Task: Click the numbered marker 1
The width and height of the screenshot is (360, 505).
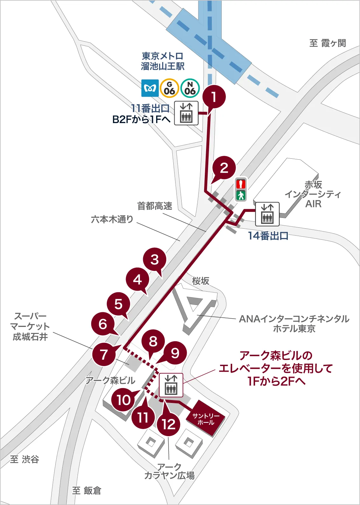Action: (214, 96)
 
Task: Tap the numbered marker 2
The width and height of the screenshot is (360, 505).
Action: (224, 168)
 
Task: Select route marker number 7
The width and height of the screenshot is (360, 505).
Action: (104, 354)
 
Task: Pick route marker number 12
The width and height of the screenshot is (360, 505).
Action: (169, 424)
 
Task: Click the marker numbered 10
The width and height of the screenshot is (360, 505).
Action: (123, 400)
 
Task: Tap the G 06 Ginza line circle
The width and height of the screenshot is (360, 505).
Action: (169, 88)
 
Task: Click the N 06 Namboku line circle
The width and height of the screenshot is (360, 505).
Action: (190, 88)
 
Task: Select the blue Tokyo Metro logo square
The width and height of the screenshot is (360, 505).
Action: (150, 88)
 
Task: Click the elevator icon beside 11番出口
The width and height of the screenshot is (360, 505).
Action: (186, 113)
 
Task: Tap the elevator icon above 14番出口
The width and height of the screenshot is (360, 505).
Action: (267, 214)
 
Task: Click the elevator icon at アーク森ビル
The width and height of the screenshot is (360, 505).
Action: (171, 385)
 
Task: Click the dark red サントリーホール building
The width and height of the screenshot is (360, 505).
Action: (205, 419)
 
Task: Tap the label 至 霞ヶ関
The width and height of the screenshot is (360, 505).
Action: (328, 43)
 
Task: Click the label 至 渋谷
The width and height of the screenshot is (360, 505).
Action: (24, 459)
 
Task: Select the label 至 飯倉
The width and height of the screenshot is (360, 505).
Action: (87, 490)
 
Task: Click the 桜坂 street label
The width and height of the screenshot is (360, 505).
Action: (201, 281)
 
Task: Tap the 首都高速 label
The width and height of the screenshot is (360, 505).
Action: (155, 206)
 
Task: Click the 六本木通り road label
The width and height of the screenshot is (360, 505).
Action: (112, 219)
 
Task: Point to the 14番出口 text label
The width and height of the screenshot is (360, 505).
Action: (268, 236)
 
